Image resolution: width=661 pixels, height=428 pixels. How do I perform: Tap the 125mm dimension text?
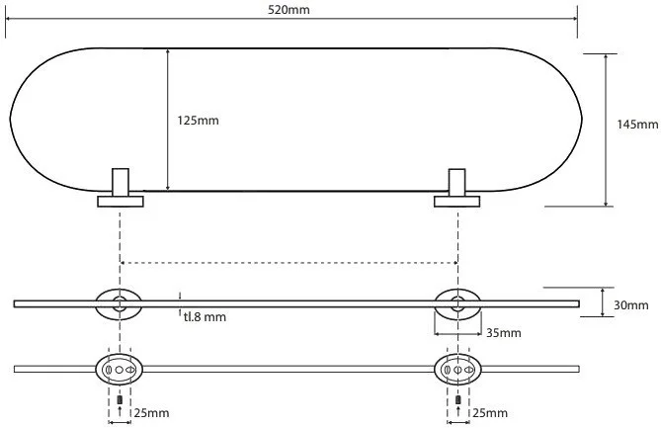point(198,120)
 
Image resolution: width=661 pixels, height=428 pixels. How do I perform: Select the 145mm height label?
point(636,125)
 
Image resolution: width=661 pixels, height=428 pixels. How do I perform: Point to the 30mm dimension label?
point(630,305)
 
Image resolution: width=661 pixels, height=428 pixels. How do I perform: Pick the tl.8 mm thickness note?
point(205,316)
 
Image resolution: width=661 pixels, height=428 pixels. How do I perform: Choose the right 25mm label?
point(491,410)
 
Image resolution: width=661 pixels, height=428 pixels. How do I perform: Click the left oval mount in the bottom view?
point(120,369)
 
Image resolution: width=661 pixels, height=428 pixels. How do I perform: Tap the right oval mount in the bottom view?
point(456,369)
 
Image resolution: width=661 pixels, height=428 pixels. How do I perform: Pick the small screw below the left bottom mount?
point(120,398)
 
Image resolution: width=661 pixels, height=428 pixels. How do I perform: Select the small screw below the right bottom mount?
point(457,398)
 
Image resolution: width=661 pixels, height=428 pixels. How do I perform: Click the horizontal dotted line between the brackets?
point(288,262)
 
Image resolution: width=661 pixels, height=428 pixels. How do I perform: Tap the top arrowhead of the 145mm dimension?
point(605,56)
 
